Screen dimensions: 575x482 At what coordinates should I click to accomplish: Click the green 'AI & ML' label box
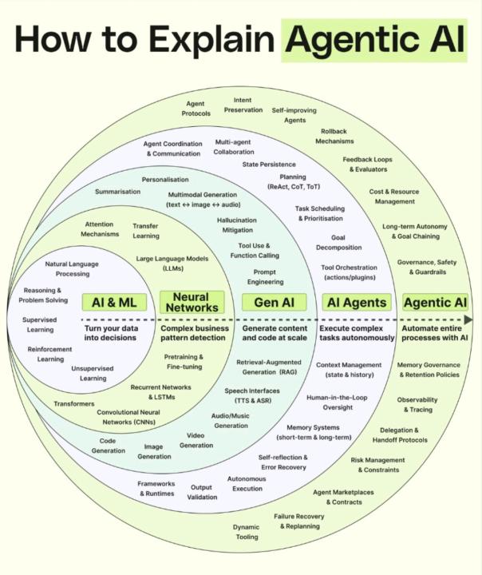[115, 302]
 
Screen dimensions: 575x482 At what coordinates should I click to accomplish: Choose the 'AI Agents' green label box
[356, 302]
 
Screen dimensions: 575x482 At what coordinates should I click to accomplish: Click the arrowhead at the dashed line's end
[468, 319]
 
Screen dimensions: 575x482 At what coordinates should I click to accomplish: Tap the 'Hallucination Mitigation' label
[237, 224]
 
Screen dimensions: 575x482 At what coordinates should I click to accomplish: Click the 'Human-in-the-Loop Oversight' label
[338, 402]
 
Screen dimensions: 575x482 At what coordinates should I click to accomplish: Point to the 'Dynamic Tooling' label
[246, 532]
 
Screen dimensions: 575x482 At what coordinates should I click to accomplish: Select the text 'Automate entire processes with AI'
[435, 333]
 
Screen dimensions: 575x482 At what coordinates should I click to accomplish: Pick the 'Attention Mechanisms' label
[101, 229]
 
